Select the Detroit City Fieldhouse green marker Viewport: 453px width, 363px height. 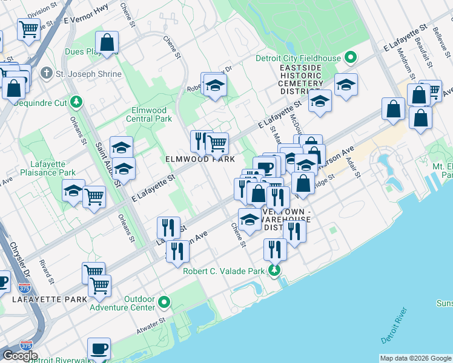click(350, 58)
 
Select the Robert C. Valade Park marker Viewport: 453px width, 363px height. click(276, 270)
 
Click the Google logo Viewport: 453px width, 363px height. click(19, 356)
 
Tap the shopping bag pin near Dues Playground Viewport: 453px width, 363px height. click(107, 43)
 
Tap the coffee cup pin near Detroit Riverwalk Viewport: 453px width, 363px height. click(99, 349)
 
